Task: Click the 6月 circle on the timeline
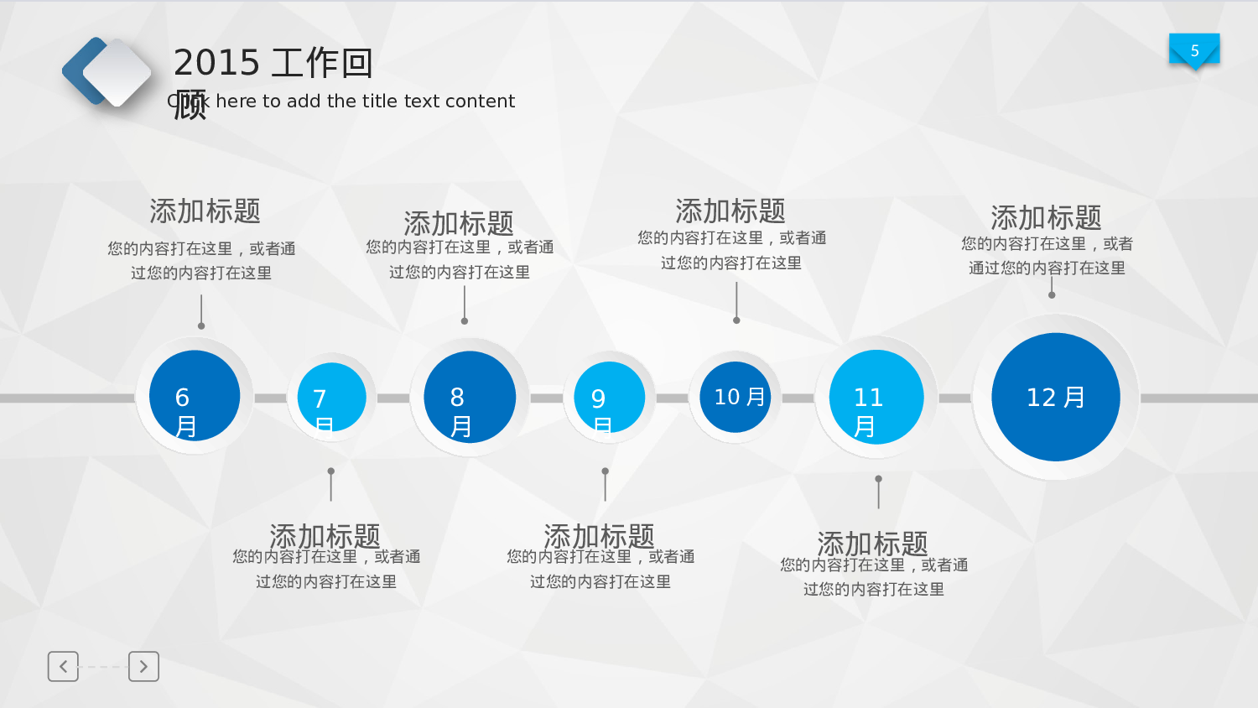tap(195, 396)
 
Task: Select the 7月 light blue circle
tap(331, 398)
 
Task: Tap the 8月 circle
tap(470, 397)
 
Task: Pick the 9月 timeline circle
tap(609, 398)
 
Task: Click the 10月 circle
tap(736, 397)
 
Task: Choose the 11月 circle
tap(876, 397)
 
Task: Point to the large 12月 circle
tap(1055, 397)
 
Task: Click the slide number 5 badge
tap(1194, 50)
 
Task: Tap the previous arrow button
tap(63, 666)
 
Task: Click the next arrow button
tap(143, 666)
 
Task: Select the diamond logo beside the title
tap(107, 72)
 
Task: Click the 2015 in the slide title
tap(216, 63)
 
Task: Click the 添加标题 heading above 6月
tap(205, 211)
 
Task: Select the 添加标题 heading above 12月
tap(1046, 218)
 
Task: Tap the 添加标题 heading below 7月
tap(325, 535)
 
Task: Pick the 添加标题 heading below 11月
tap(872, 543)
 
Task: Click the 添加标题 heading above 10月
tap(730, 211)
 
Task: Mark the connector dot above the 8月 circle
tap(465, 320)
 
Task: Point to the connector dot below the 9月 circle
tap(606, 471)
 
